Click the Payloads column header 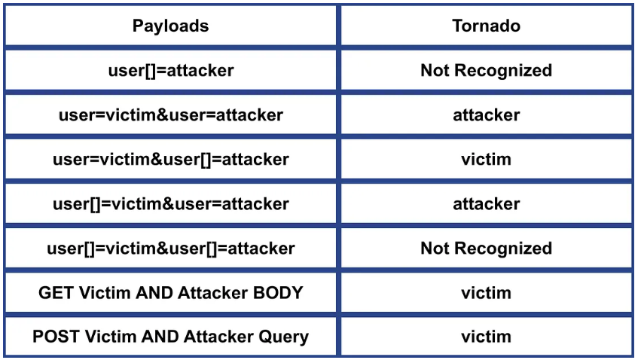click(170, 26)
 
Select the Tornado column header click(486, 26)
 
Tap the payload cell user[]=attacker click(171, 70)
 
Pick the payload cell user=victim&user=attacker click(171, 114)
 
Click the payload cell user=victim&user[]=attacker click(171, 160)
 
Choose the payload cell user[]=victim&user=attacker click(171, 204)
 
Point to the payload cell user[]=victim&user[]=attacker click(171, 249)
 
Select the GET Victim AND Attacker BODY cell click(171, 293)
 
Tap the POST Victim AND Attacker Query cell click(171, 337)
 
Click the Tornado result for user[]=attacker click(486, 70)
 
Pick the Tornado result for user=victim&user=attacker click(486, 115)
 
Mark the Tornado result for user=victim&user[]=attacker click(486, 160)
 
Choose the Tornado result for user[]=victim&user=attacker click(486, 204)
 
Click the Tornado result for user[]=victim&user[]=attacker click(486, 249)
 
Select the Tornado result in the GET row click(486, 293)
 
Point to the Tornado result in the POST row click(486, 337)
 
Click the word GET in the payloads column click(56, 293)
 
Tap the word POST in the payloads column click(56, 337)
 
